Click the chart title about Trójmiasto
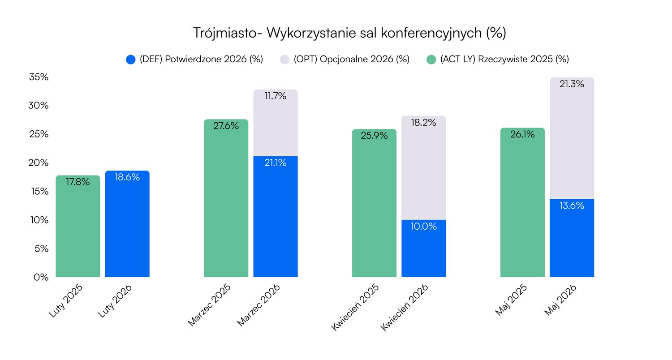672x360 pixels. (x=349, y=33)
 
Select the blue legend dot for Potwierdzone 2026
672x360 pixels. (x=131, y=59)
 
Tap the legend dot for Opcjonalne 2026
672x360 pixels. (x=285, y=59)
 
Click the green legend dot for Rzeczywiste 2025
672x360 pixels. (x=431, y=59)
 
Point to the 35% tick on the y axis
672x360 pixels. (x=39, y=77)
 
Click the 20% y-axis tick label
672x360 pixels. (x=39, y=163)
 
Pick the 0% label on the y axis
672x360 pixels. (x=40, y=277)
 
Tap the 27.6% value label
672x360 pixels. (x=226, y=126)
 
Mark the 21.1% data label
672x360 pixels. (x=276, y=163)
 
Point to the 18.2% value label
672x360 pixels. (x=423, y=123)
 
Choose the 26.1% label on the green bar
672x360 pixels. (x=522, y=134)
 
